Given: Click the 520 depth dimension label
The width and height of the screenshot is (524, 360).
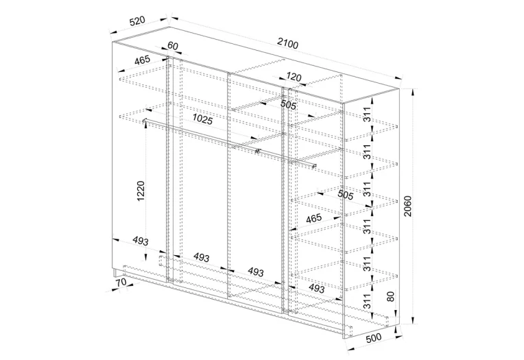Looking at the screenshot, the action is pos(137,21).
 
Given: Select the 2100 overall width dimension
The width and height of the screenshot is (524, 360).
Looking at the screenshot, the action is pos(287,43).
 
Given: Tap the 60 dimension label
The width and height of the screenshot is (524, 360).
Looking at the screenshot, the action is pos(172,45).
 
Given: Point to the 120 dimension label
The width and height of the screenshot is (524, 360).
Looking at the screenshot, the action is pos(294,77).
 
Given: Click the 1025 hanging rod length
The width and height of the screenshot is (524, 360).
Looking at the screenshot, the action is pos(202,119).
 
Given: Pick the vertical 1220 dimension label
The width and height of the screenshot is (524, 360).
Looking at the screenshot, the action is pos(141,191).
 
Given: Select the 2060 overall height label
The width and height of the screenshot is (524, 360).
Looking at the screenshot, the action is pos(408,206).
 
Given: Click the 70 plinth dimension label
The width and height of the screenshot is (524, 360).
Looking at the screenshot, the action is pos(121,282).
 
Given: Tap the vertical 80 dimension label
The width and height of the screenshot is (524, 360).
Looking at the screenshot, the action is pos(391,296).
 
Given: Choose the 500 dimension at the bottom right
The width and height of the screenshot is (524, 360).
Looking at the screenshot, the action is pos(374,338).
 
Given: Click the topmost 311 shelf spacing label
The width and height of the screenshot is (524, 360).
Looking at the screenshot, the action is pos(367,115).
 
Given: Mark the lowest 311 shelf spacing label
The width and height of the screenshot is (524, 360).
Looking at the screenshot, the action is pos(367,301).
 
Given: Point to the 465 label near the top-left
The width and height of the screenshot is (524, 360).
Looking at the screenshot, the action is pos(143,61).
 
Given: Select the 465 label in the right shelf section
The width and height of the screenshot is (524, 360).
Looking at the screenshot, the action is pos(313,219).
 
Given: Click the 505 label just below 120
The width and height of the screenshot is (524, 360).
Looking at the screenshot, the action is pos(288,105).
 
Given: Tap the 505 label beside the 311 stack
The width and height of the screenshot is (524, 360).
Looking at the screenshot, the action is pos(345,194).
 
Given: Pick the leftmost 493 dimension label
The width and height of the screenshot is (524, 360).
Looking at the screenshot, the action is pos(141,241).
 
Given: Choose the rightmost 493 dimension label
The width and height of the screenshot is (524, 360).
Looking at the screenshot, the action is pos(316,288).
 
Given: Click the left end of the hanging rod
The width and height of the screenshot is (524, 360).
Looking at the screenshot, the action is pos(145,121).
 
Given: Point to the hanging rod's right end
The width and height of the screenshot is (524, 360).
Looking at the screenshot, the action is pos(314,165).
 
